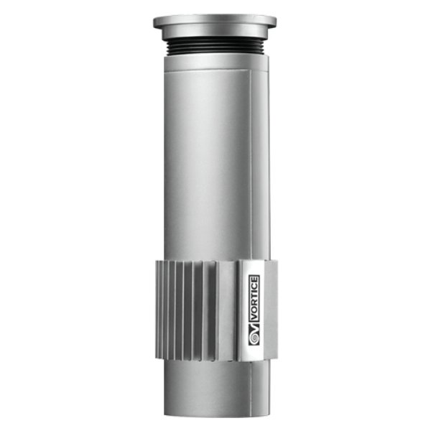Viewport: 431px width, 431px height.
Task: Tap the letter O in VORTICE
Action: (254, 312)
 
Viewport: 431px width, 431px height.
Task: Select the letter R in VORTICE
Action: (254, 305)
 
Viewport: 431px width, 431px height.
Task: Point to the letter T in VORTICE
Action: (254, 299)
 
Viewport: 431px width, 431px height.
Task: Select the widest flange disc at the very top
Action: (215, 22)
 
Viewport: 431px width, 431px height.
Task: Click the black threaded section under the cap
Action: (215, 45)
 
